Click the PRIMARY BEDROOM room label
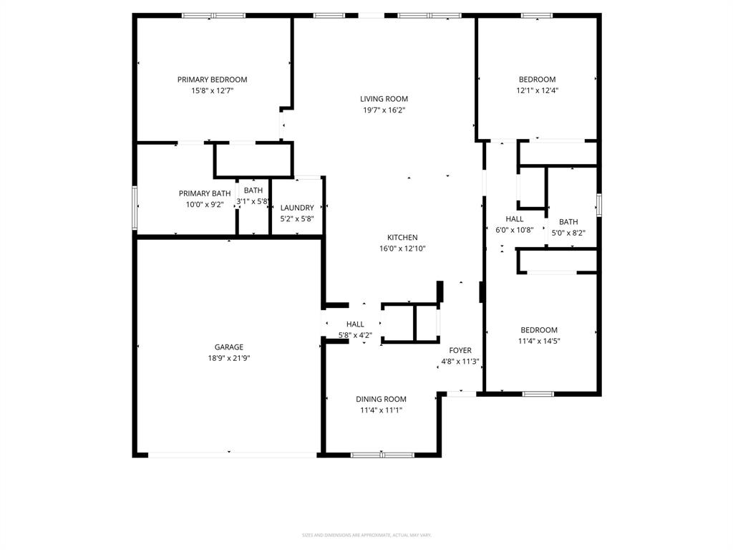[212, 79]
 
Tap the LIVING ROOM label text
[384, 99]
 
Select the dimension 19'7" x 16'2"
[384, 110]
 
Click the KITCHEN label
[402, 238]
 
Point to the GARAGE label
[229, 347]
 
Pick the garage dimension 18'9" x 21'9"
[229, 358]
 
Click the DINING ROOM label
[381, 400]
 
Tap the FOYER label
[460, 350]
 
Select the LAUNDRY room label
[297, 208]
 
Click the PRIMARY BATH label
[205, 193]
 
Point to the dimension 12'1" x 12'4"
[537, 90]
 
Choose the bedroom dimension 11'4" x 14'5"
[538, 342]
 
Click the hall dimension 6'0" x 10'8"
[515, 230]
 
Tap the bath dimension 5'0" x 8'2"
[568, 233]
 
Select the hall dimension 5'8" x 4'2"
[355, 334]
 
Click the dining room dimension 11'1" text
[381, 410]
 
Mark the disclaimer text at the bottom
[366, 535]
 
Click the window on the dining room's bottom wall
[382, 455]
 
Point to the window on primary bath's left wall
[134, 208]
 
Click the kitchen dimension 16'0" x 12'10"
[402, 249]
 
